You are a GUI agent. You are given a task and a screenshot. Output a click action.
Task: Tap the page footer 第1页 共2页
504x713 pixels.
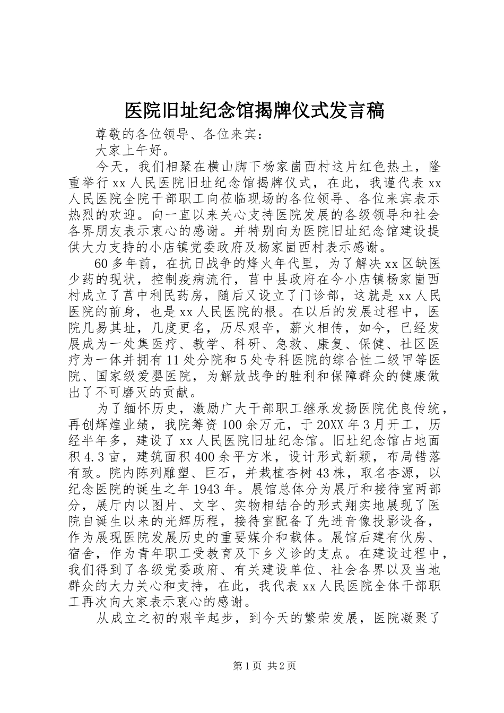click(252, 666)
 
